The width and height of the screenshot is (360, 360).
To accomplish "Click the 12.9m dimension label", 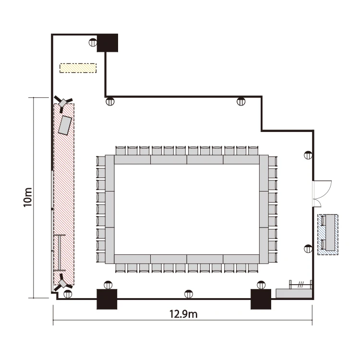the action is click(x=183, y=314).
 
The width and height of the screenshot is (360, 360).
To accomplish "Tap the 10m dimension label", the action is click(x=28, y=197).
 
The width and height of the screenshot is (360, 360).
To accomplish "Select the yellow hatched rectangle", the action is click(x=78, y=68).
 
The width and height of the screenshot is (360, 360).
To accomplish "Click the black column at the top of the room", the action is click(x=108, y=43).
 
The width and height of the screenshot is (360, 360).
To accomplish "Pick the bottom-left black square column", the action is click(x=107, y=299).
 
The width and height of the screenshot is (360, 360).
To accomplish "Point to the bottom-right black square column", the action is click(x=261, y=299).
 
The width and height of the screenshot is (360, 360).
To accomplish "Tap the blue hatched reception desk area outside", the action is click(x=328, y=234).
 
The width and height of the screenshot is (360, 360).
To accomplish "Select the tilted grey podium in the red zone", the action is click(x=65, y=125).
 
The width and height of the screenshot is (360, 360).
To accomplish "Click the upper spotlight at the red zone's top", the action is click(x=62, y=103).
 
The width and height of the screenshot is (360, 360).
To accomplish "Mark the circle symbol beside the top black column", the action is click(x=93, y=42).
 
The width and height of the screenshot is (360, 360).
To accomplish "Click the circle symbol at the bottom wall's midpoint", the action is click(x=189, y=294).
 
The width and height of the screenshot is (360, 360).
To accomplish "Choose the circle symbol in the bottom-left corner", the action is click(x=68, y=294).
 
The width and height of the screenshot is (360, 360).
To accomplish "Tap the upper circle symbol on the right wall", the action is click(x=308, y=156).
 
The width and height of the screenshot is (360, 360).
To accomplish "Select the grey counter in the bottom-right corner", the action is click(x=294, y=293).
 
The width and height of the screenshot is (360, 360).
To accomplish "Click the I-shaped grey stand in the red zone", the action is click(x=60, y=253).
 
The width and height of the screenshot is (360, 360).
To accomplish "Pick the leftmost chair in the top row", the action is click(x=120, y=151).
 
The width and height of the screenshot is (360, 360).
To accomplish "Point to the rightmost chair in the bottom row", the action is click(x=253, y=268).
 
